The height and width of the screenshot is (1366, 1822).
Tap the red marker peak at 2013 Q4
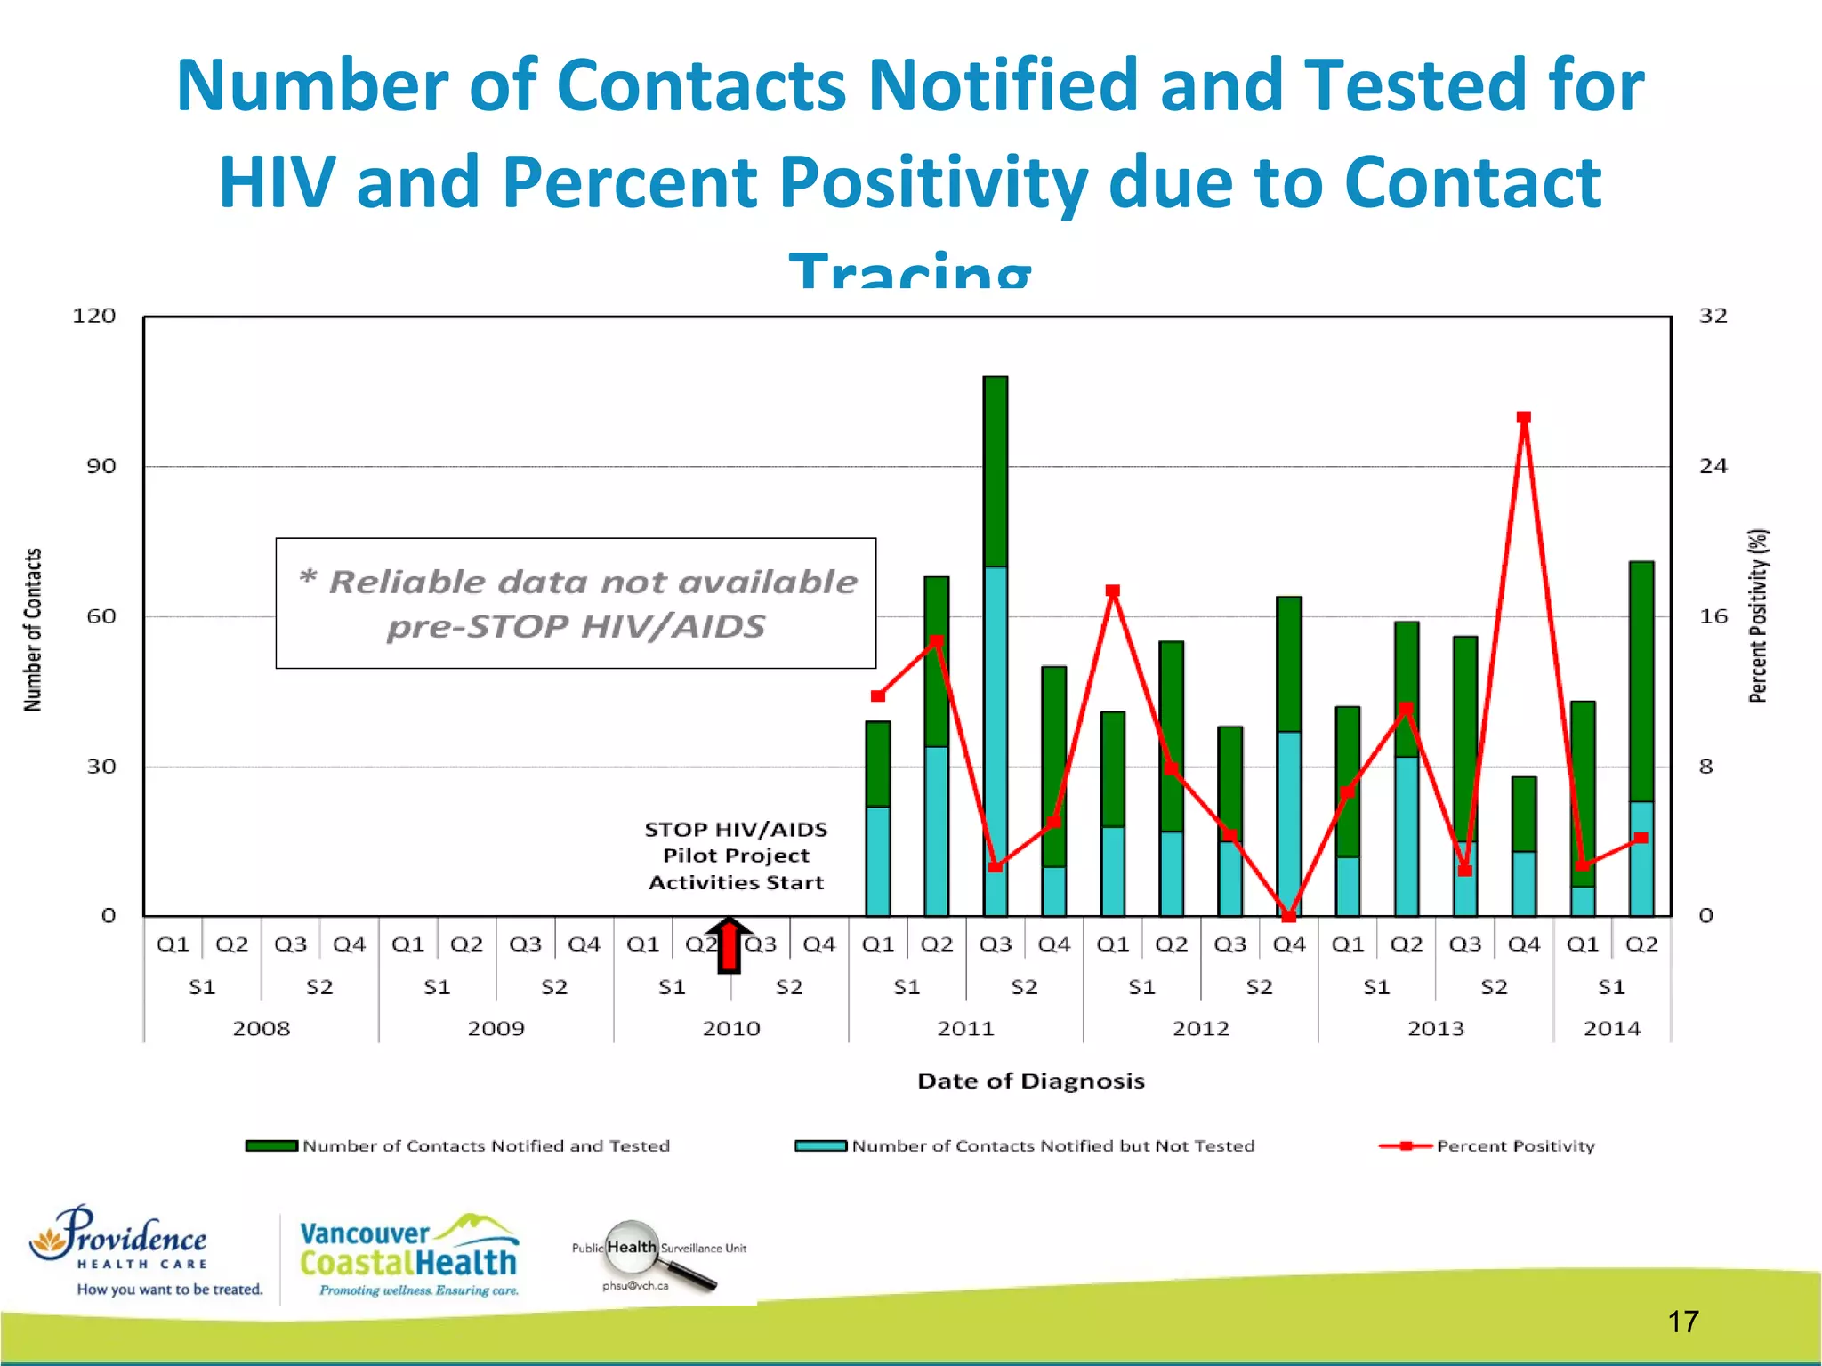pos(1523,418)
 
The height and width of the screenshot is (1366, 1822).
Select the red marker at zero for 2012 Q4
pos(1288,915)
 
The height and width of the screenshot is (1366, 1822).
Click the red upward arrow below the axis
pos(729,945)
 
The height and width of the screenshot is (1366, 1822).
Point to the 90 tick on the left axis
pos(101,466)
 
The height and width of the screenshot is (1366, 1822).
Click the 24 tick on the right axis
pos(1713,466)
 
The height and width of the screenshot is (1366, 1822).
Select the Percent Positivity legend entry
pos(1487,1146)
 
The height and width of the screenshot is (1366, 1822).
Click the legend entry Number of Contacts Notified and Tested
pos(458,1146)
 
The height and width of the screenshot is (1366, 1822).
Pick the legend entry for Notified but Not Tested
pos(1025,1146)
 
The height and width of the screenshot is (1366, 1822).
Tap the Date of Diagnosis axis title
pos(1030,1081)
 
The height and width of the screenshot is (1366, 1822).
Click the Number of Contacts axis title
pos(33,630)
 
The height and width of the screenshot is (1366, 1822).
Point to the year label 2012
pos(1200,1029)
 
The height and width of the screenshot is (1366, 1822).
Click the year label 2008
pos(261,1029)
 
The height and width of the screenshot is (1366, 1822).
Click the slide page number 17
pos(1682,1322)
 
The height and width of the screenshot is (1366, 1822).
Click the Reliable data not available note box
pos(576,603)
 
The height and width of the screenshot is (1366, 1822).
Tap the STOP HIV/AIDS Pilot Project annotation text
pos(736,856)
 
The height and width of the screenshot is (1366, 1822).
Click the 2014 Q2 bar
pos(1641,738)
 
